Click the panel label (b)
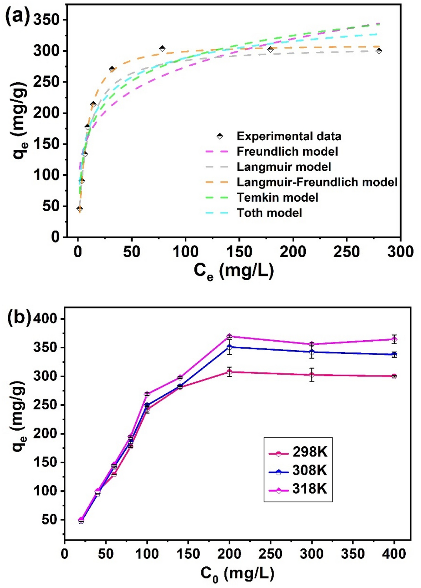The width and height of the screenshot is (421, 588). click(19, 317)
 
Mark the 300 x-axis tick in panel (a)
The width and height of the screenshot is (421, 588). click(400, 252)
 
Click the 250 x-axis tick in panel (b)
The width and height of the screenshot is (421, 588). click(271, 554)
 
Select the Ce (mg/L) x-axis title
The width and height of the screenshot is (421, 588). click(234, 271)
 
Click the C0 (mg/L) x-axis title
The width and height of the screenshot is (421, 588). click(237, 574)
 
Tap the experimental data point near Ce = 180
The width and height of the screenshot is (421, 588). click(271, 50)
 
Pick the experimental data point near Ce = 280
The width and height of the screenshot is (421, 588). click(379, 51)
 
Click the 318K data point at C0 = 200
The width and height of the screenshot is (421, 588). click(229, 336)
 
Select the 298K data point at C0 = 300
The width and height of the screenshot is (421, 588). click(312, 375)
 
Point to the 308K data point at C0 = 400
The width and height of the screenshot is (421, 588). click(394, 355)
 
